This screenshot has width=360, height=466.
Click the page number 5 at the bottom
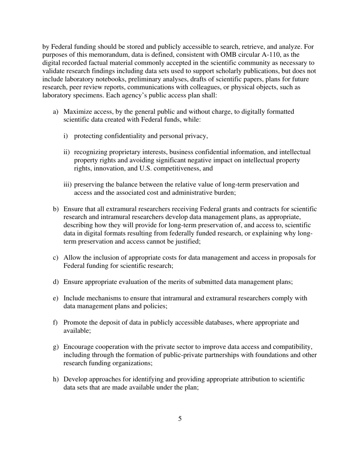[180, 419]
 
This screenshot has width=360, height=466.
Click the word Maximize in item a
[77, 112]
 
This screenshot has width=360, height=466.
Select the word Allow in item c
[72, 258]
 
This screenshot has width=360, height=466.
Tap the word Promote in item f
[76, 322]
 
